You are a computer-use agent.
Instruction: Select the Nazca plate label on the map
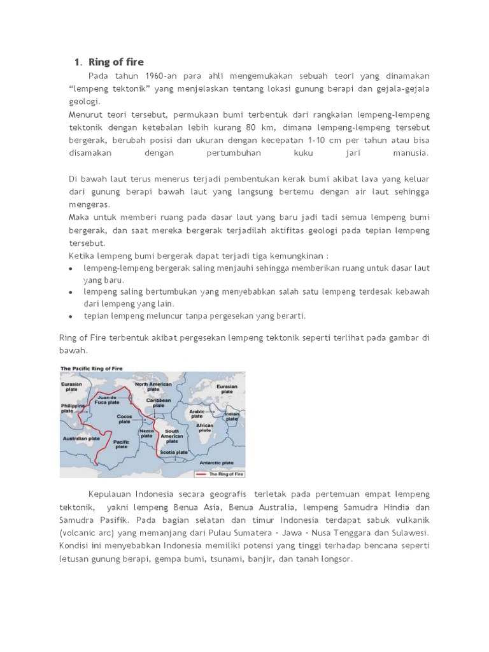pos(146,433)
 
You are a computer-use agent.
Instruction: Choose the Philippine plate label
pos(73,407)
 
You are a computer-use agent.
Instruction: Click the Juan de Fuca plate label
pos(112,399)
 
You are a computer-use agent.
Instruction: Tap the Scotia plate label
pos(174,452)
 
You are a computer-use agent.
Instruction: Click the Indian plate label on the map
pos(232,417)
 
